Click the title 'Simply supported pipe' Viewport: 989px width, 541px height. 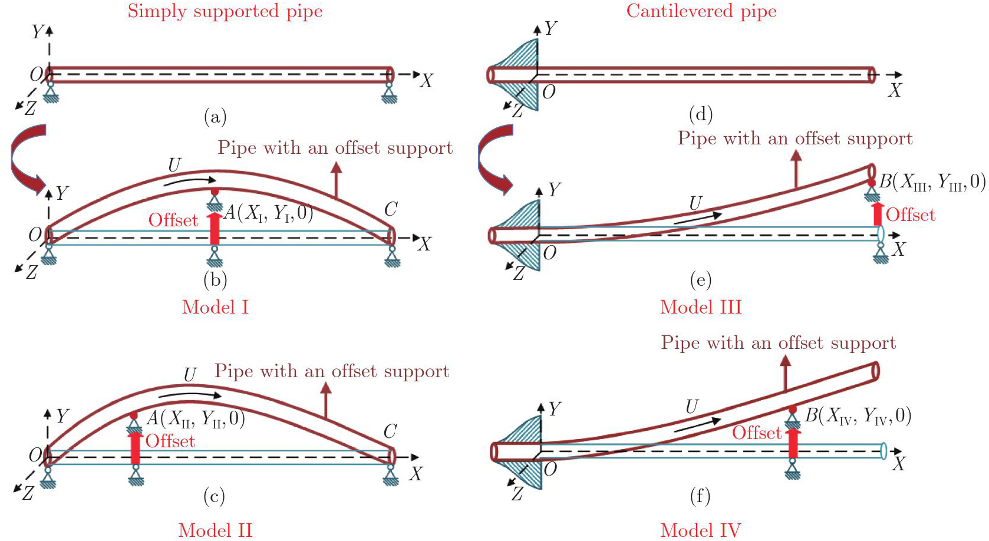click(x=225, y=11)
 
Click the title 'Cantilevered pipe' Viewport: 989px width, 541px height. click(x=701, y=11)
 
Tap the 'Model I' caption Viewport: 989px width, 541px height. click(x=216, y=307)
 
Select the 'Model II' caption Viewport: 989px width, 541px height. click(x=216, y=530)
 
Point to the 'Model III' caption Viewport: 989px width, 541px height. click(x=701, y=307)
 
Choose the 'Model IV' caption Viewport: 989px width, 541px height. click(x=701, y=530)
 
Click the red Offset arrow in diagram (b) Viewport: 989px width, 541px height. click(x=215, y=228)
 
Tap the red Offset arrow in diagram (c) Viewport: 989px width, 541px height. click(x=136, y=447)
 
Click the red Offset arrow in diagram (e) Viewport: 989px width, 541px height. click(x=878, y=214)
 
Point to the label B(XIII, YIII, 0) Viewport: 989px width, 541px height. click(x=932, y=182)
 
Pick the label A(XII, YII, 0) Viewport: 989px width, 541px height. click(x=196, y=418)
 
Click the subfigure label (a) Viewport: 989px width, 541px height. click(x=215, y=117)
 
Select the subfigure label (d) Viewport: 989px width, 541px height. click(x=701, y=114)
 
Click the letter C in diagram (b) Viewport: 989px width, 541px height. click(x=391, y=209)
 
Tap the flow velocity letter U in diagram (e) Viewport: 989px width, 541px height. click(x=695, y=203)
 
